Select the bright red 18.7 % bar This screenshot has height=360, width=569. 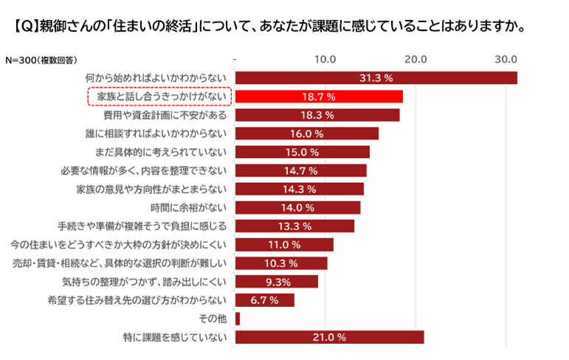(x=319, y=97)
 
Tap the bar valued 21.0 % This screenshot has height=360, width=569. (x=329, y=337)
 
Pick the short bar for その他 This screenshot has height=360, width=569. (x=238, y=319)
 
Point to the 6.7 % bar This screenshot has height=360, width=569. (x=264, y=300)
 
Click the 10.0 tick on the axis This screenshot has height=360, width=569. (x=325, y=58)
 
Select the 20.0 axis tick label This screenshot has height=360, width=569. (x=416, y=58)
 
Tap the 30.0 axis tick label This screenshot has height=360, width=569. (x=507, y=58)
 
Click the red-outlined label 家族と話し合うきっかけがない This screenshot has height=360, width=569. (x=159, y=97)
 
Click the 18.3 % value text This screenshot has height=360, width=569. (x=318, y=115)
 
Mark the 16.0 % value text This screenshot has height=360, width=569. (x=307, y=134)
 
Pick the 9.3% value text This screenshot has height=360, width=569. (x=277, y=281)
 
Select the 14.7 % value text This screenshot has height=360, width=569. (x=301, y=170)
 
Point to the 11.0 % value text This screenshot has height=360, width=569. (x=285, y=244)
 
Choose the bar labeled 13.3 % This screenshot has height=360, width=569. (x=294, y=226)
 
